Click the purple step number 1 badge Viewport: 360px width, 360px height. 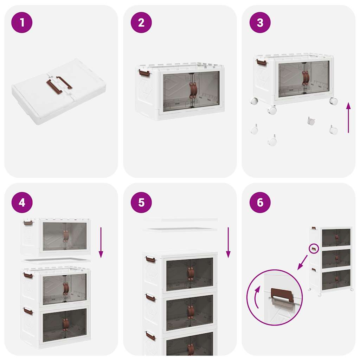[x=22, y=22]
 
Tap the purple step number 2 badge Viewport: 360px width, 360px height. [x=141, y=22]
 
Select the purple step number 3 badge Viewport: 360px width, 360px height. [x=260, y=22]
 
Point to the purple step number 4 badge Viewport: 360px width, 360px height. [x=22, y=202]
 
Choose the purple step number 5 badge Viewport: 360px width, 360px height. [x=141, y=202]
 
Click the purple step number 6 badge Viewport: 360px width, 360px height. [x=260, y=202]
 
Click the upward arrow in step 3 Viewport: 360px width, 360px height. [x=348, y=118]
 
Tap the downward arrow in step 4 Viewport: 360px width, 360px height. [x=101, y=242]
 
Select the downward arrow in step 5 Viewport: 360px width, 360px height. [x=228, y=242]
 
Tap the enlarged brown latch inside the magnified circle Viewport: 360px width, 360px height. [x=282, y=295]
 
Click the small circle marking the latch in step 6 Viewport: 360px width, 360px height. [x=314, y=249]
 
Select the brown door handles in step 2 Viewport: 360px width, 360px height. [x=193, y=90]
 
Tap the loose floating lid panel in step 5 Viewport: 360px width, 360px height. [x=180, y=229]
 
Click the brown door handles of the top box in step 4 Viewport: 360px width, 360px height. [x=66, y=236]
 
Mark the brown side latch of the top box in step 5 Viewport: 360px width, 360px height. [x=150, y=260]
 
